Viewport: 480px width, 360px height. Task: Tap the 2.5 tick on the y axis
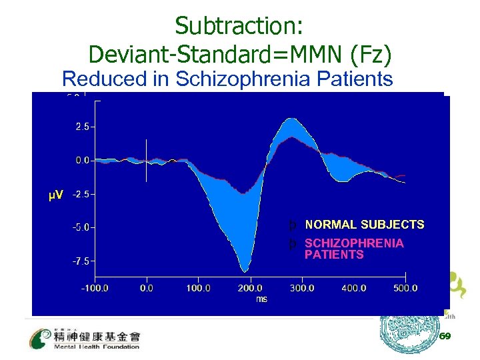(83, 126)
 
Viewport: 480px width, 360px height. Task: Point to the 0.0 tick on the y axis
(83, 160)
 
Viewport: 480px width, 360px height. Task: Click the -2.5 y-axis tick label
(81, 194)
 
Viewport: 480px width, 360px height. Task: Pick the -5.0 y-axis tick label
(81, 227)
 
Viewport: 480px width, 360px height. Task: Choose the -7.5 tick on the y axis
(81, 261)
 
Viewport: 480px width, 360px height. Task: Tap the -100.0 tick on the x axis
(95, 288)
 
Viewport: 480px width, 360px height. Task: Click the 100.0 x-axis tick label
(198, 288)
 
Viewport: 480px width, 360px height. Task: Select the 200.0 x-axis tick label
(250, 288)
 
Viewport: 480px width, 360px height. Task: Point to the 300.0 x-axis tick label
(302, 288)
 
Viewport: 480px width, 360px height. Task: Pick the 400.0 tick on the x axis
(353, 288)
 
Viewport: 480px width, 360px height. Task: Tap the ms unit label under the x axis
(261, 299)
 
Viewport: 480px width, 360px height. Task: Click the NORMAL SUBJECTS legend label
(364, 225)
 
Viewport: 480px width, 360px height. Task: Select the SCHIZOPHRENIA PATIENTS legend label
(353, 249)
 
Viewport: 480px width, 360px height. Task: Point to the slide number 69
(445, 336)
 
